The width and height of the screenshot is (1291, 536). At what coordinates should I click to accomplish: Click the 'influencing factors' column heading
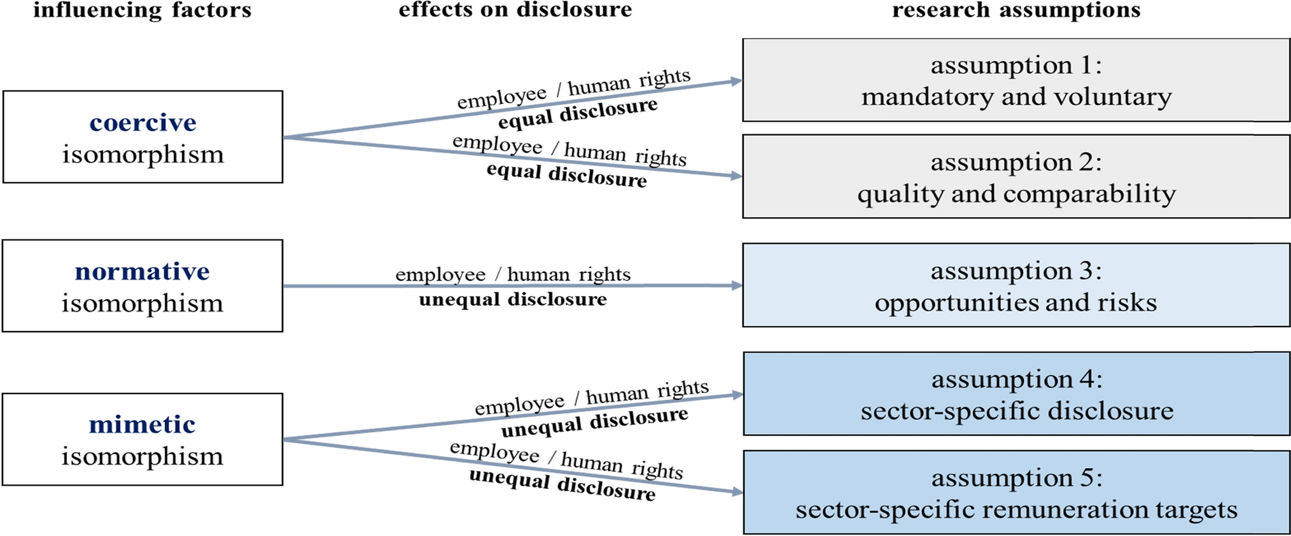[x=143, y=10]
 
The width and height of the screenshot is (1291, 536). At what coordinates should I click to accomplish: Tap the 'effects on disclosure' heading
[x=515, y=10]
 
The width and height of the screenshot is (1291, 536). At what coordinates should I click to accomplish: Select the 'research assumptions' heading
[x=1016, y=10]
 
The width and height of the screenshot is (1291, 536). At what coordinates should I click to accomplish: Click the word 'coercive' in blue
[x=143, y=122]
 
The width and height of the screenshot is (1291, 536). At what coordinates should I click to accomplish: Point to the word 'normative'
[x=142, y=271]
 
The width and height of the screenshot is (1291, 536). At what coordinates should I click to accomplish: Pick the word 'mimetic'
[x=142, y=424]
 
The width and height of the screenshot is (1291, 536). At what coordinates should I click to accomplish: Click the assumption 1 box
[x=1016, y=80]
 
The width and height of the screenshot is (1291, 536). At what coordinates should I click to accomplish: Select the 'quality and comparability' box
[x=1016, y=177]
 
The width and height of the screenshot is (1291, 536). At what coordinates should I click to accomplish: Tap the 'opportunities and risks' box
[x=1016, y=285]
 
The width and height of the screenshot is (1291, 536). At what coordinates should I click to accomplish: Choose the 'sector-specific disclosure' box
[x=1016, y=394]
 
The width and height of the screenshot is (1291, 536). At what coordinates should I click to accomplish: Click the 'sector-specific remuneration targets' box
[x=1016, y=493]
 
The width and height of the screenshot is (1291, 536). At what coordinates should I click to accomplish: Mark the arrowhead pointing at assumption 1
[x=737, y=81]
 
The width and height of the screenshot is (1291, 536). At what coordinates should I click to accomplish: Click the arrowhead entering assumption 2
[x=737, y=176]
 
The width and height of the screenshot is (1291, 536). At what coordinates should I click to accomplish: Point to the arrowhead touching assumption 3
[x=737, y=286]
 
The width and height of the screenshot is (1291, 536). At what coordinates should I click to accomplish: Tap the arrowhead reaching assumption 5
[x=737, y=491]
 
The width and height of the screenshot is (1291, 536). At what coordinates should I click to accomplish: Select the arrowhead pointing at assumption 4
[x=737, y=395]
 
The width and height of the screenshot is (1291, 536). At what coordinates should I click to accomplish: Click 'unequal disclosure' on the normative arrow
[x=513, y=300]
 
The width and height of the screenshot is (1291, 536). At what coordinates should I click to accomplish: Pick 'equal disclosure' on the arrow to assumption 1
[x=578, y=113]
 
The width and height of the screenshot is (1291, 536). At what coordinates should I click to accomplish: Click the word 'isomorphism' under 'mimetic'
[x=142, y=456]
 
